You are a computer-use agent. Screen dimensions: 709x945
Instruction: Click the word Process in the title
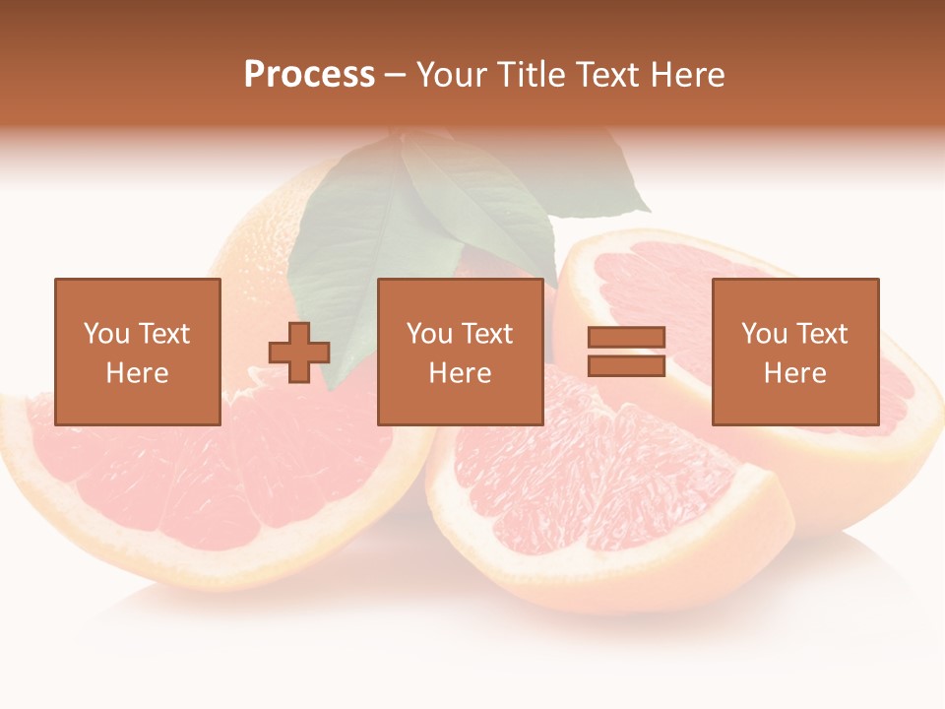[309, 75]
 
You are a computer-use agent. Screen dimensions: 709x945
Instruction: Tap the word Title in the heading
[534, 75]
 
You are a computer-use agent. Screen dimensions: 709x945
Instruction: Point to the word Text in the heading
[607, 75]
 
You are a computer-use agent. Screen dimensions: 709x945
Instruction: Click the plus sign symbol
[299, 352]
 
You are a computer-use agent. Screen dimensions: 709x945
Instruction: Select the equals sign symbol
[626, 352]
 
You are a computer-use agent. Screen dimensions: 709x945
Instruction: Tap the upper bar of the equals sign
[626, 338]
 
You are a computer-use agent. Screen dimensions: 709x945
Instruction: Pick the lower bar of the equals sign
[626, 365]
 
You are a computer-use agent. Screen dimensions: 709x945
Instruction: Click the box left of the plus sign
[137, 352]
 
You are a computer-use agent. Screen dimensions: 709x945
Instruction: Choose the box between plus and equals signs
[460, 352]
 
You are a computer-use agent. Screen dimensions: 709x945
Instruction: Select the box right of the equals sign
[794, 352]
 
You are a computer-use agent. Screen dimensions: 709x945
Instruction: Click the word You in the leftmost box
[105, 334]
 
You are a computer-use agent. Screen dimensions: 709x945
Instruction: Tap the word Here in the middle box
[460, 373]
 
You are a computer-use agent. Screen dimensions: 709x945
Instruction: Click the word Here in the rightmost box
[794, 373]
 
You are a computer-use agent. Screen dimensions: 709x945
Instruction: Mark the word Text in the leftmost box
[163, 334]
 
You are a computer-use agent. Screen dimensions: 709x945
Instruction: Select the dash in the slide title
[396, 75]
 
